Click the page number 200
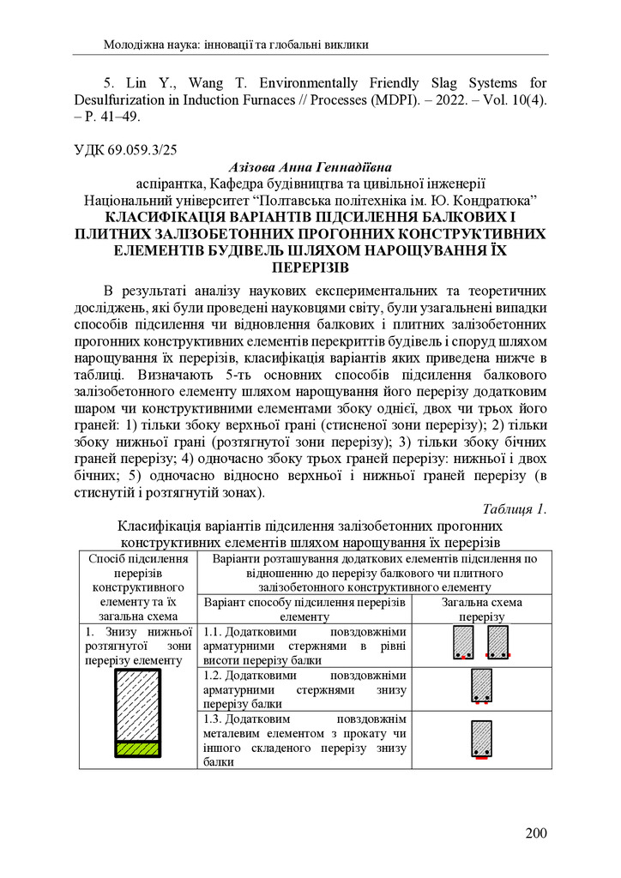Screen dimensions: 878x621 pyautogui.click(x=535, y=833)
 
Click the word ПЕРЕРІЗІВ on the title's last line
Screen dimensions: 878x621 pyautogui.click(x=310, y=267)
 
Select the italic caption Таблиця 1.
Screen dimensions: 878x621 pyautogui.click(x=515, y=508)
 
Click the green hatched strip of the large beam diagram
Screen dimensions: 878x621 pyautogui.click(x=138, y=748)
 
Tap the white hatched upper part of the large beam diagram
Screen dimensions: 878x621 pyautogui.click(x=138, y=703)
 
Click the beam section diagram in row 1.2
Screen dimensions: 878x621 pyautogui.click(x=481, y=687)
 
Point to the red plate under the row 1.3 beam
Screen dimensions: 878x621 pyautogui.click(x=481, y=759)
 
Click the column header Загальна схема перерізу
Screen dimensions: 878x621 pyautogui.click(x=481, y=610)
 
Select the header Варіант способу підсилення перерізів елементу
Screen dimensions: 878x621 pyautogui.click(x=304, y=610)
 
